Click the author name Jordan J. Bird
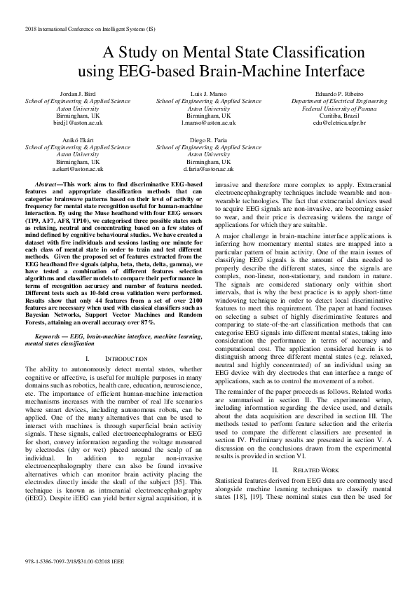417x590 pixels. point(77,93)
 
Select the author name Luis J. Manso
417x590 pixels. point(208,93)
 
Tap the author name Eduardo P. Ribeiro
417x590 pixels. point(339,93)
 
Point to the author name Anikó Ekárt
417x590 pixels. point(77,140)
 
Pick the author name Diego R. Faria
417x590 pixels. point(208,140)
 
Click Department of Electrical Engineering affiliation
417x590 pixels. point(339,101)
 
